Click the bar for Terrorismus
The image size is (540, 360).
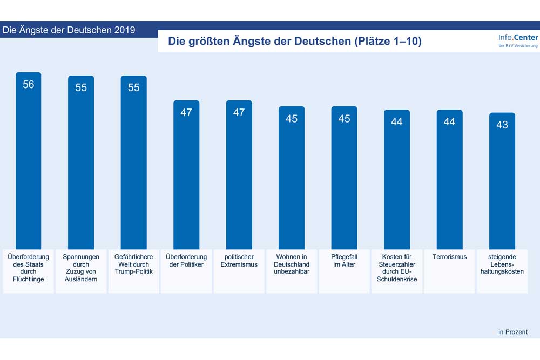[449, 178]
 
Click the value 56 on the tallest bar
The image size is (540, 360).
[29, 85]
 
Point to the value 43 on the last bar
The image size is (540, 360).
[502, 125]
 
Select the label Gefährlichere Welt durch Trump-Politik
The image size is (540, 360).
[133, 264]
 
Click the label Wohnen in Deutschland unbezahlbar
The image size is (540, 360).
[292, 264]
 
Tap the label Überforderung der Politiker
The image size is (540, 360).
[186, 261]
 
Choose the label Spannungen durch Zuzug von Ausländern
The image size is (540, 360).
[80, 268]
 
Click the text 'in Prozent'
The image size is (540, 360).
[512, 332]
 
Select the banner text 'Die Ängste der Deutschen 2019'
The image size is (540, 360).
[69, 30]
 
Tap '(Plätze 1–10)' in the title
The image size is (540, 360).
[387, 41]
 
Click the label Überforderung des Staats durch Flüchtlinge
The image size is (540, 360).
[29, 268]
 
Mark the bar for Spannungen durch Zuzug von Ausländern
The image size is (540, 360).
[80, 162]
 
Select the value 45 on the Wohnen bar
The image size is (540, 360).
[292, 119]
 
